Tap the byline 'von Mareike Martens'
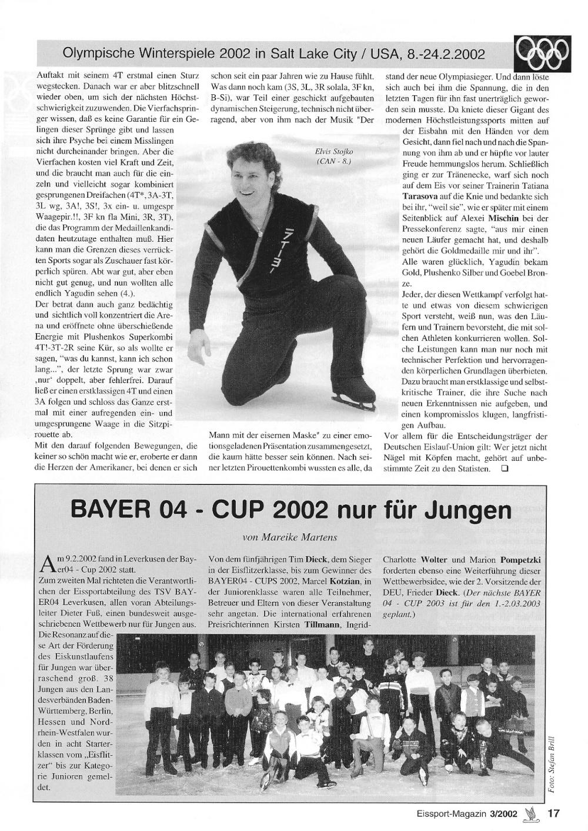[291, 537]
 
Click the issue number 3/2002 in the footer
[502, 814]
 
